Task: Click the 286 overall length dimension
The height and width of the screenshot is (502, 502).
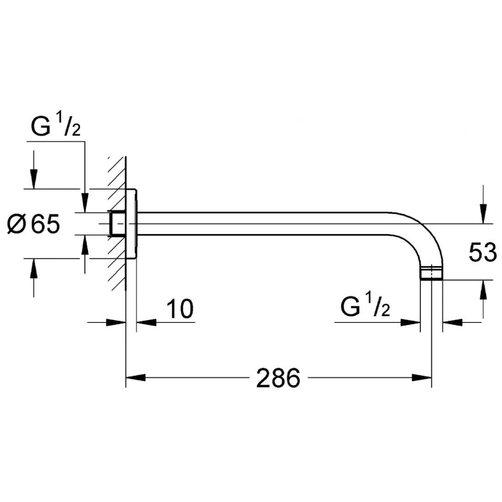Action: click(x=278, y=378)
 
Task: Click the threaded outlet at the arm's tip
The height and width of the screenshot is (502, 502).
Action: click(x=432, y=274)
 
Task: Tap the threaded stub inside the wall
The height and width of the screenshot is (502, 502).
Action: click(x=117, y=224)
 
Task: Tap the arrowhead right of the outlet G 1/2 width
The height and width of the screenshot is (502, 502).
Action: click(x=452, y=322)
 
